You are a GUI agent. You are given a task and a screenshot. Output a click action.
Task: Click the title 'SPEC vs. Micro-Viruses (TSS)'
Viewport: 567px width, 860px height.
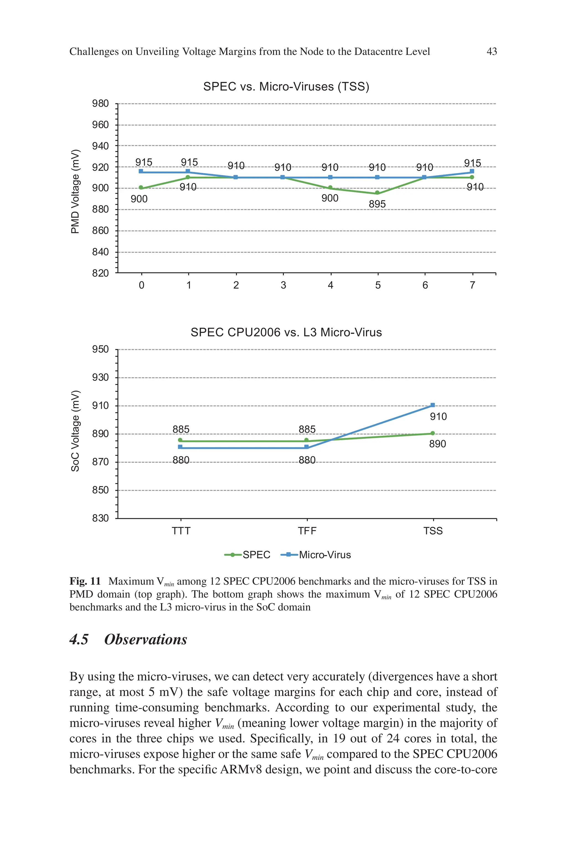286,87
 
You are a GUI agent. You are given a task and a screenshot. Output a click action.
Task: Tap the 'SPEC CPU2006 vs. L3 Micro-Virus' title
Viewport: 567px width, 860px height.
286,332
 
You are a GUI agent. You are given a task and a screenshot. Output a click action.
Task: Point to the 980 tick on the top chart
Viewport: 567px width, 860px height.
100,104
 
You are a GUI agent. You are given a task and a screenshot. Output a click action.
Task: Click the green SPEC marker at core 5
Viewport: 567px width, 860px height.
377,193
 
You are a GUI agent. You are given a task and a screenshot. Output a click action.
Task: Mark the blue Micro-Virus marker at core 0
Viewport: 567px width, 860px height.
141,171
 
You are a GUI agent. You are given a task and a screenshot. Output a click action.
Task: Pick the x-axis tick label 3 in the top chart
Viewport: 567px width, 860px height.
283,285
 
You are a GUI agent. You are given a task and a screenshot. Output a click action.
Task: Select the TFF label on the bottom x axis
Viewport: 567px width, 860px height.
307,531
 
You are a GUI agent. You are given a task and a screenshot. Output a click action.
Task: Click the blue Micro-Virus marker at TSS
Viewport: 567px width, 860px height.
433,405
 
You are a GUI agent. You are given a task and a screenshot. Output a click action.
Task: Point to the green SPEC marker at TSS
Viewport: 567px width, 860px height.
433,433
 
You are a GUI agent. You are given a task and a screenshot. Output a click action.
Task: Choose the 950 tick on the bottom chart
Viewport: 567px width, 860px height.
100,349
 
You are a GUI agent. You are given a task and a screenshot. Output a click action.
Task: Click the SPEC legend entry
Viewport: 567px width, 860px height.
248,555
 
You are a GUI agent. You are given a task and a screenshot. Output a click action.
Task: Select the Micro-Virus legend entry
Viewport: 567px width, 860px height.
316,555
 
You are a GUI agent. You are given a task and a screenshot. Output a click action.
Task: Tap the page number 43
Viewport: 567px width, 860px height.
492,52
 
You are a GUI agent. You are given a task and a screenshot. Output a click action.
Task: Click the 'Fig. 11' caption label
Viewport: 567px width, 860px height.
85,581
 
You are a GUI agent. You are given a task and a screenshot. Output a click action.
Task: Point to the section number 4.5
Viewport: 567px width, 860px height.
79,640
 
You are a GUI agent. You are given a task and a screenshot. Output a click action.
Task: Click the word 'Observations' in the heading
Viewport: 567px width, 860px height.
146,640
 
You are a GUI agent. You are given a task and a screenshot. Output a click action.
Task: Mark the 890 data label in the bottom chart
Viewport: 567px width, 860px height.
437,444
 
